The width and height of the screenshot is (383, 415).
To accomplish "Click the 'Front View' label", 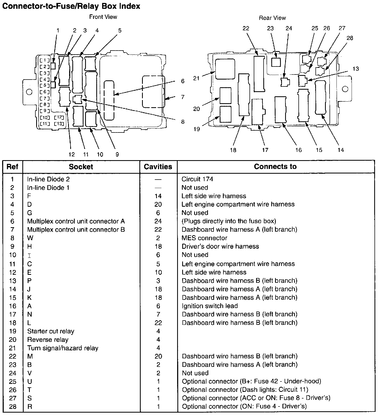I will point(103,17).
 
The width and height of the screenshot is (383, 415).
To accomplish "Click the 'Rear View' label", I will point(272,18).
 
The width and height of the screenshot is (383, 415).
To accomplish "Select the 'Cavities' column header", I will point(158,167).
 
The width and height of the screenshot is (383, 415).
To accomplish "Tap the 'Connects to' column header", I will point(275,167).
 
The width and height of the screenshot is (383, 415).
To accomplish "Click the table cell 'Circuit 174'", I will point(197,179).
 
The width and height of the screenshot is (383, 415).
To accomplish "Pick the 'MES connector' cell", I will point(204,238).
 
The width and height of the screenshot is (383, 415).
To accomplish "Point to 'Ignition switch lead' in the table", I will point(210,306).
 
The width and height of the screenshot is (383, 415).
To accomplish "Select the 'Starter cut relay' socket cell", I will point(51,331).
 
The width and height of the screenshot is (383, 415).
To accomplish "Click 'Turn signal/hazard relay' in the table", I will point(63,348).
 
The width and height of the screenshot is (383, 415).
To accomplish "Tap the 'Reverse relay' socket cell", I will point(48,340).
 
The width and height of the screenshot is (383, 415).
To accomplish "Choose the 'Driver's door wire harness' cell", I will point(220,246).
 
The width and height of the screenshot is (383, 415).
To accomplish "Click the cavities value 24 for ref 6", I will point(158,221).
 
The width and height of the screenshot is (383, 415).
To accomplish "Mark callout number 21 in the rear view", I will point(196,78).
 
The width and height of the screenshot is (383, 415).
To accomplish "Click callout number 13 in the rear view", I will point(356,69).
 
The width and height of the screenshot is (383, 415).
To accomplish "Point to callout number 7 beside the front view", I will point(183,97).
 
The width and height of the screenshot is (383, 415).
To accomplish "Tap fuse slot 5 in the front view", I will point(45,86).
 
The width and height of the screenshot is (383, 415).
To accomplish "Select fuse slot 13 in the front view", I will point(59,123).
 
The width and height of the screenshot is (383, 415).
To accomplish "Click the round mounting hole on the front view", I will point(29,92).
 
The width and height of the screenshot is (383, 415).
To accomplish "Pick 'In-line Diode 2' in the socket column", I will point(48,179).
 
